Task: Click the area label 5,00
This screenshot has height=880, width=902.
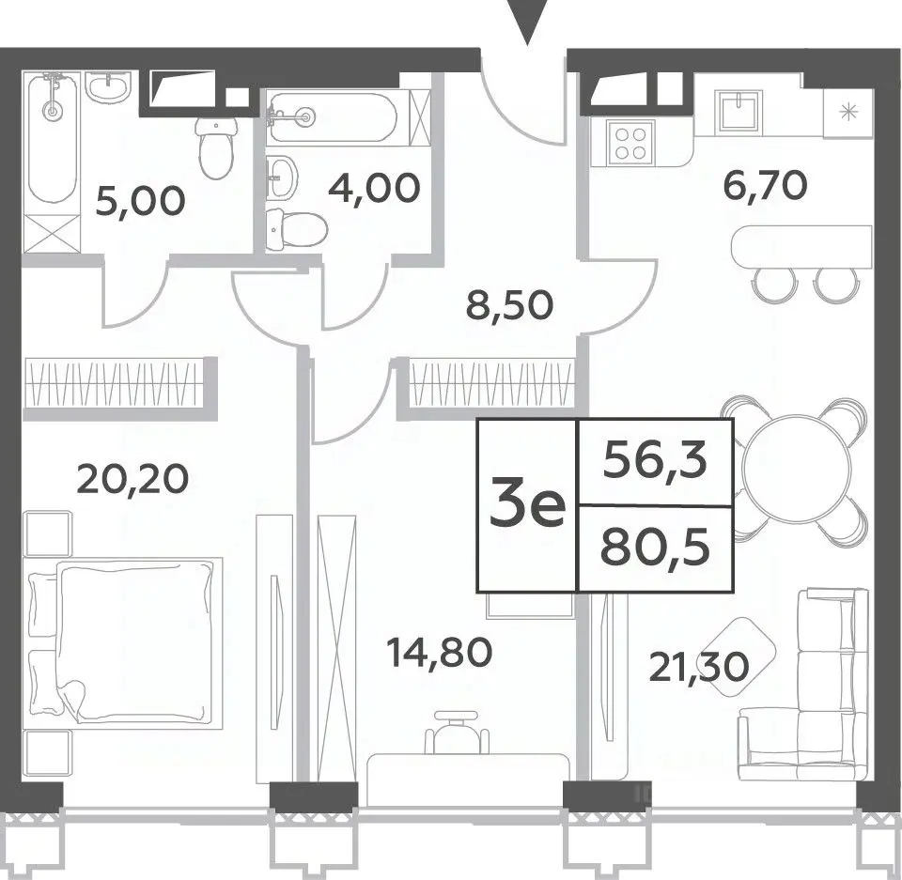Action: pyautogui.click(x=140, y=201)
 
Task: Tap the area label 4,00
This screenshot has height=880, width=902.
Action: pyautogui.click(x=374, y=188)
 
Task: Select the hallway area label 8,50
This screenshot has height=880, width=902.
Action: pyautogui.click(x=509, y=305)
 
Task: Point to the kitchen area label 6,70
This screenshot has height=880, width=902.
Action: pyautogui.click(x=765, y=185)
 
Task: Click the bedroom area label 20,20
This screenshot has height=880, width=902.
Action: pyautogui.click(x=132, y=479)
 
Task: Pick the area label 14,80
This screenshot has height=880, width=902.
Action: pyautogui.click(x=440, y=653)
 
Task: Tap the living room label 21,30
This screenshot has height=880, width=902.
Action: pyautogui.click(x=699, y=667)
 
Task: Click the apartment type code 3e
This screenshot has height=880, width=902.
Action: pyautogui.click(x=527, y=506)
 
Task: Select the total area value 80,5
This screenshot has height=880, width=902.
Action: pyautogui.click(x=655, y=549)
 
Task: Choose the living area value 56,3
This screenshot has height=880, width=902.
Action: pyautogui.click(x=655, y=462)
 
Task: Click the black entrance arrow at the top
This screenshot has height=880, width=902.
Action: pyautogui.click(x=527, y=22)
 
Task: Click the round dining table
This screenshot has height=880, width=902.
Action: pyautogui.click(x=796, y=470)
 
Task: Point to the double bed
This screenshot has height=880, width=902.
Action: pyautogui.click(x=122, y=643)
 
